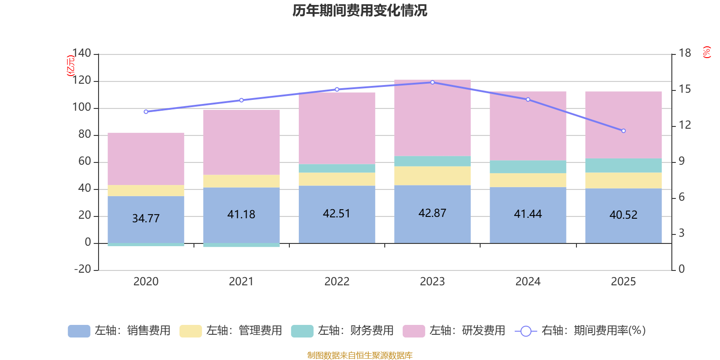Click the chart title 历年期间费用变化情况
(360, 10)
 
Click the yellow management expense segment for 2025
(623, 180)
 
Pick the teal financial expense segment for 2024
(528, 166)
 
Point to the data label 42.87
(432, 213)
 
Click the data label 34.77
(146, 218)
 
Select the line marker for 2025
(623, 131)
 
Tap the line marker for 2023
(432, 82)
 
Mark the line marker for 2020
(146, 112)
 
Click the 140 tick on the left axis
(81, 54)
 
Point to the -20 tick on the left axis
(81, 269)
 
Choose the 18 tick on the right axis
(685, 53)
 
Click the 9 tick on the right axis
(682, 161)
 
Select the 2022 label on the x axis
(337, 282)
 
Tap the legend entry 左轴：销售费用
(120, 331)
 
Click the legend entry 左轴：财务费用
(342, 331)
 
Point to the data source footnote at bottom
(360, 355)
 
